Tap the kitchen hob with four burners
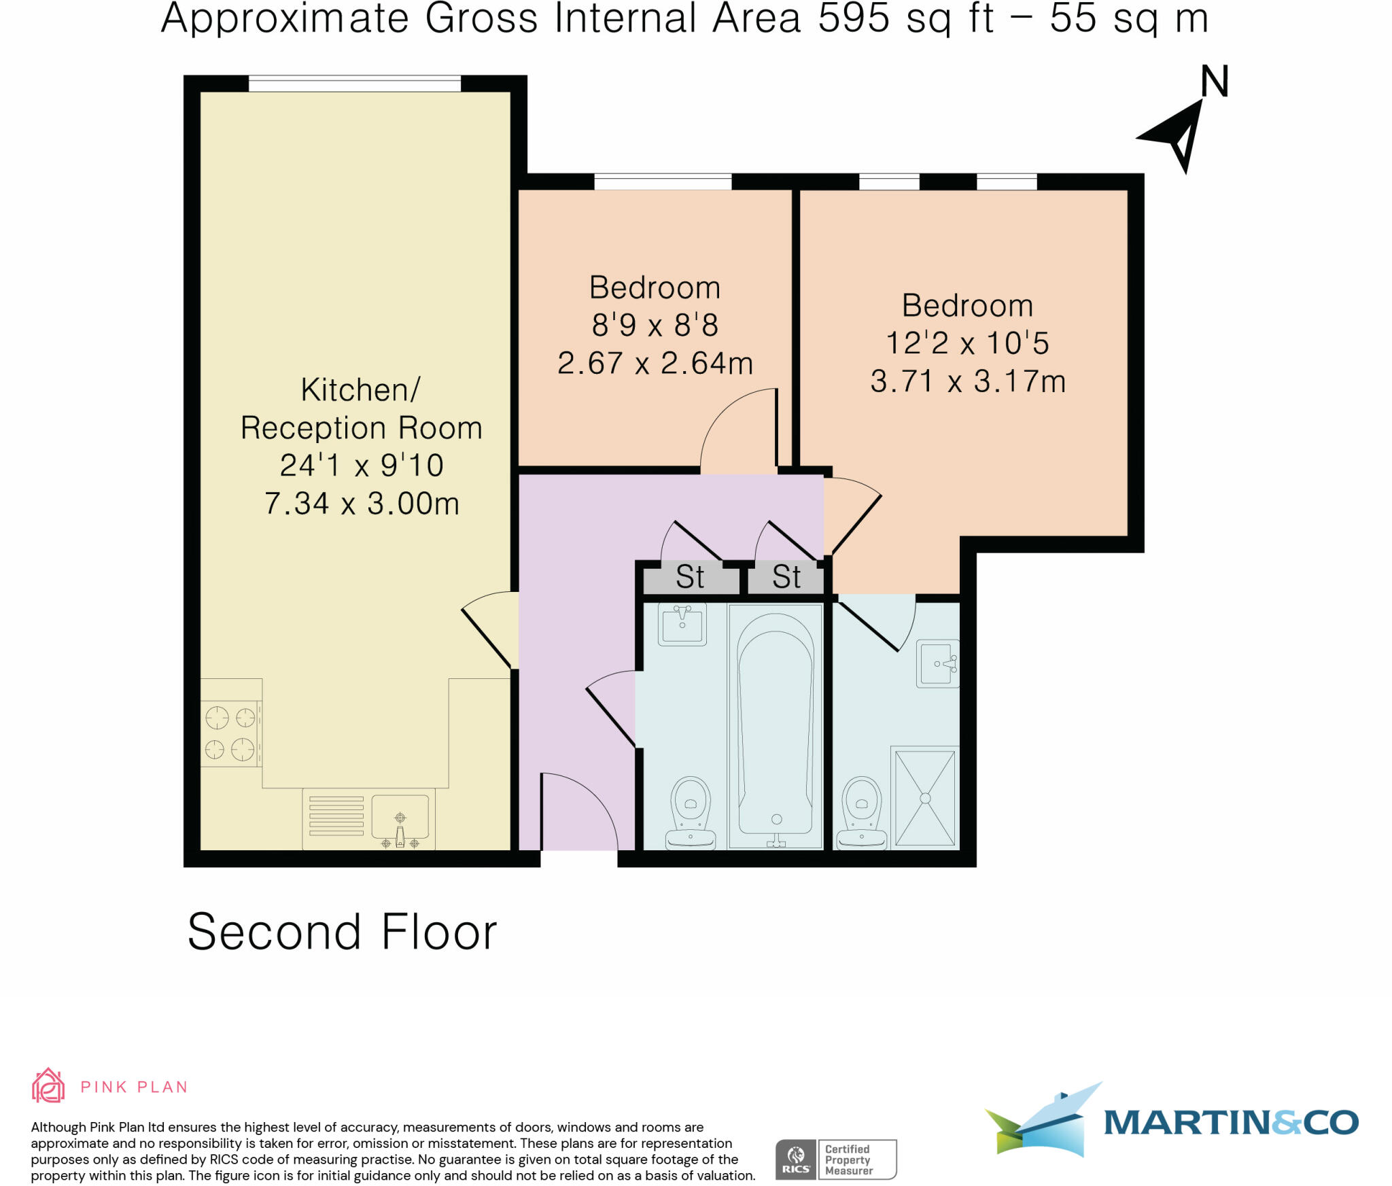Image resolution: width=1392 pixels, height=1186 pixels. coord(230,734)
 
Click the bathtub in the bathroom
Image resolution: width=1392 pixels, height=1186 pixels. coord(775,725)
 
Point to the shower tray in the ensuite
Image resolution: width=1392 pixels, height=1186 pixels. coord(925,797)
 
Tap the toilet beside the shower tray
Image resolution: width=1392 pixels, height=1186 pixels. coord(862,813)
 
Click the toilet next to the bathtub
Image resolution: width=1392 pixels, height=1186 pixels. coord(691,813)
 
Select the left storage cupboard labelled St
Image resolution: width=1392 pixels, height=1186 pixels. coord(690,578)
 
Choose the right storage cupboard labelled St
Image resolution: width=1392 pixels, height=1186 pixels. coord(786,578)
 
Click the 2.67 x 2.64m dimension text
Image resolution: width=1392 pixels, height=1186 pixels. coord(655,363)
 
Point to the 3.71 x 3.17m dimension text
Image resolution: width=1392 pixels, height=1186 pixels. coord(968,381)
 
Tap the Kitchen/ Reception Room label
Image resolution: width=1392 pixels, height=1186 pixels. coord(361,409)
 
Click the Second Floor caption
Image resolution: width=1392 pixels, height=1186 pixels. coord(342,932)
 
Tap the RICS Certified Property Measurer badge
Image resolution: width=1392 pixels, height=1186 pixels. coord(836,1159)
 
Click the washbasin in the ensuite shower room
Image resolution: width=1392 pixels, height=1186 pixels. coord(938,663)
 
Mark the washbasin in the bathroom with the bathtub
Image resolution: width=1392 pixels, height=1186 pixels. coord(682,623)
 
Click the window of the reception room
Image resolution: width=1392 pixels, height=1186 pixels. coord(354,84)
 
